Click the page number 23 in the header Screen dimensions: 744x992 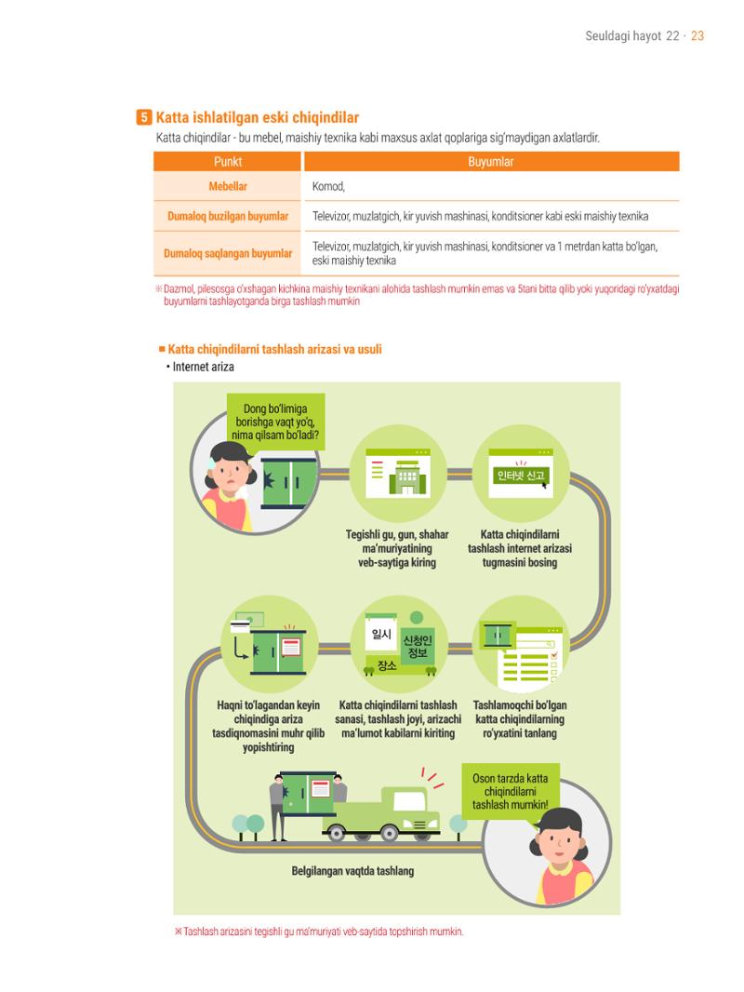pyautogui.click(x=697, y=36)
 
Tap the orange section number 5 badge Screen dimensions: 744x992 pyautogui.click(x=143, y=117)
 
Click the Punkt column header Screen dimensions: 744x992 pyautogui.click(x=228, y=161)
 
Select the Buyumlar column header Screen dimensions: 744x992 pyautogui.click(x=491, y=161)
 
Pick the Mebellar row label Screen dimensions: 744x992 pyautogui.click(x=228, y=186)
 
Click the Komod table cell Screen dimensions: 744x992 pyautogui.click(x=328, y=186)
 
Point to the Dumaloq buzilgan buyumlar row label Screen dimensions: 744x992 pyautogui.click(x=228, y=217)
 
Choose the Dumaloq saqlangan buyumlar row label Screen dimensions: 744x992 pyautogui.click(x=228, y=254)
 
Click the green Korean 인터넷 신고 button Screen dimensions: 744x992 pyautogui.click(x=521, y=476)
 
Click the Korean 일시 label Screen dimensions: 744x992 pyautogui.click(x=381, y=634)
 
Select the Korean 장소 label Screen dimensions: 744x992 pyautogui.click(x=387, y=665)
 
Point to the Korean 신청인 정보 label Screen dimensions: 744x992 pyautogui.click(x=418, y=646)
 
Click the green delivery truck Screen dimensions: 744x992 pyautogui.click(x=382, y=813)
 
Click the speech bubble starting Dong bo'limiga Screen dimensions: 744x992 pyautogui.click(x=275, y=422)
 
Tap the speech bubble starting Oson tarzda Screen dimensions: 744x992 pyautogui.click(x=511, y=792)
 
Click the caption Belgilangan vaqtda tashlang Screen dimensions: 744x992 pyautogui.click(x=352, y=870)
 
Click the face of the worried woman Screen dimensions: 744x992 pyautogui.click(x=228, y=475)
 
